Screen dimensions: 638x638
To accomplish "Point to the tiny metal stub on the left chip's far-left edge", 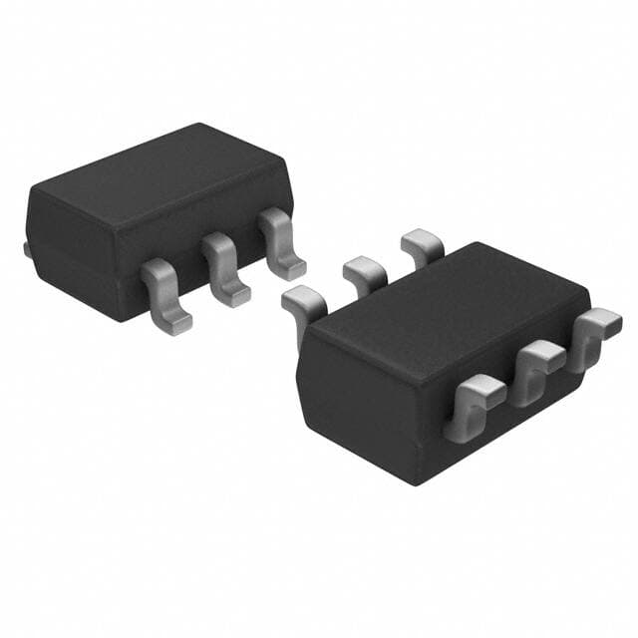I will pyautogui.click(x=25, y=247).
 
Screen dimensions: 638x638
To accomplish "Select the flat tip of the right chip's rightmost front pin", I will pyautogui.click(x=601, y=321).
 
